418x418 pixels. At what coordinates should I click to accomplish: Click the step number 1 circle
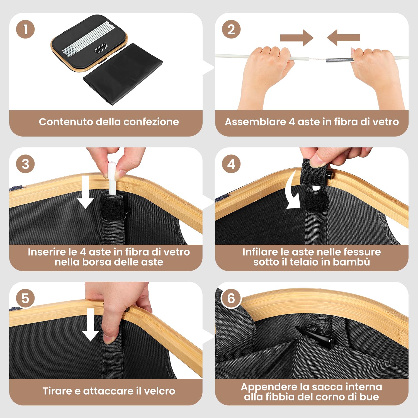[x=25, y=30]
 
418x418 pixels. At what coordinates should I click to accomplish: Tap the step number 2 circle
[x=231, y=30]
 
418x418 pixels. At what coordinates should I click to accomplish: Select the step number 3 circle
[x=25, y=164]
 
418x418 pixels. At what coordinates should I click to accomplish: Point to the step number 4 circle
[x=231, y=164]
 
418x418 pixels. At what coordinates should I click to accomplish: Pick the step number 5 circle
[x=25, y=298]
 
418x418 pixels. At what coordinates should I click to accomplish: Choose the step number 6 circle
[x=231, y=298]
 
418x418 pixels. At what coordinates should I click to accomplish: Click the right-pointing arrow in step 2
[x=297, y=38]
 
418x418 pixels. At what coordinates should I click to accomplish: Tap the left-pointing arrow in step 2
[x=343, y=38]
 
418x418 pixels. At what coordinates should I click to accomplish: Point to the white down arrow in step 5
[x=91, y=325]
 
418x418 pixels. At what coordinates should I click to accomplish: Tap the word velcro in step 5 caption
[x=160, y=391]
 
